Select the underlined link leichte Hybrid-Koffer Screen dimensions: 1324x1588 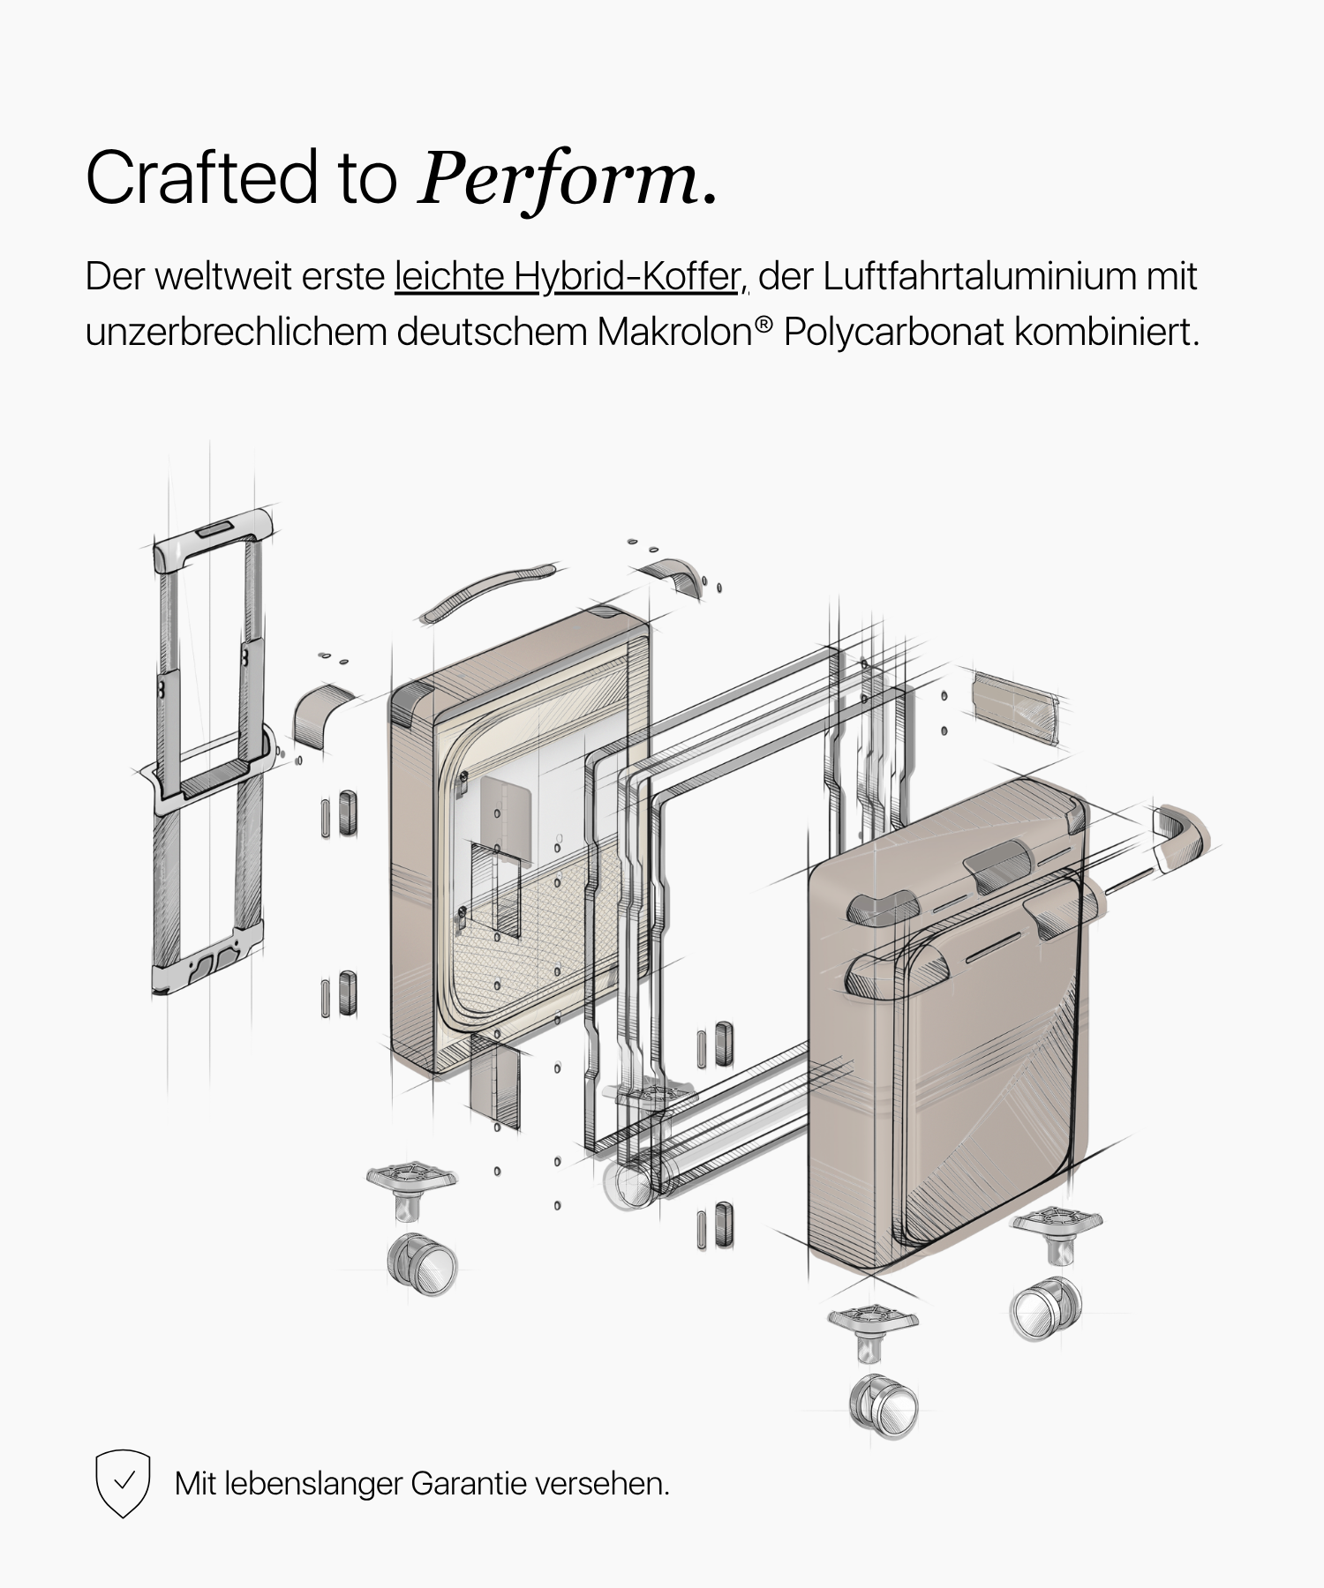(571, 276)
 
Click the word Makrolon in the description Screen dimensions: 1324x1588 (673, 332)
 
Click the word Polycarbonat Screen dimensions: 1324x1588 (893, 333)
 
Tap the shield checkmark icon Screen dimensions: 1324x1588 (123, 1483)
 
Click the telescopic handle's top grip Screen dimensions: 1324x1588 (213, 537)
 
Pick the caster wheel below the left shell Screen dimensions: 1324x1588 (423, 1264)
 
